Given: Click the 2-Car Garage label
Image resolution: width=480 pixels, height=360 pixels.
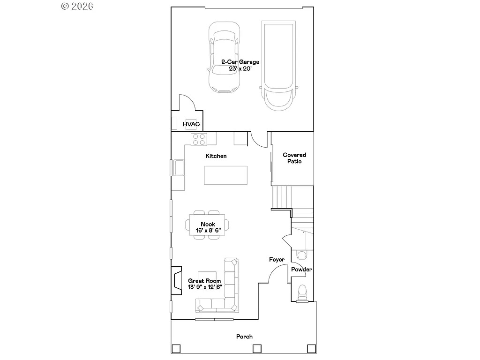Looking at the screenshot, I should pyautogui.click(x=240, y=62).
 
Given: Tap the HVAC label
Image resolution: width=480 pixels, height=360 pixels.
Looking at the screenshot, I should pyautogui.click(x=191, y=124).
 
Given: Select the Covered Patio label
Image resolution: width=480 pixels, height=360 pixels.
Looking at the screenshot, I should pyautogui.click(x=294, y=158).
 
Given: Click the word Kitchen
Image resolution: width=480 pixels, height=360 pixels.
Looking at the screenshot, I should pyautogui.click(x=216, y=156).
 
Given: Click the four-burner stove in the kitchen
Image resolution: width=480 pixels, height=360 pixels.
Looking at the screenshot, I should pyautogui.click(x=199, y=139).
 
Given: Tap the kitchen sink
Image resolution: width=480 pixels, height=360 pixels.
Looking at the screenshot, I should pyautogui.click(x=179, y=167).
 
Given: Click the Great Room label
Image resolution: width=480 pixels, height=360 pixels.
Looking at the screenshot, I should pyautogui.click(x=204, y=281).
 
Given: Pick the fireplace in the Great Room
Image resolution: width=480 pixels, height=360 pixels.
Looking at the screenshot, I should pyautogui.click(x=176, y=280).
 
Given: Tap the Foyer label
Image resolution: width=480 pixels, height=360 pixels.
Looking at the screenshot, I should pyautogui.click(x=277, y=259).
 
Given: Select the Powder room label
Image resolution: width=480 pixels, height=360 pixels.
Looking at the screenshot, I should pyautogui.click(x=301, y=270).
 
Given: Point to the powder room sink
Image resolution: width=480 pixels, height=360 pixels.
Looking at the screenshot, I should pyautogui.click(x=301, y=255).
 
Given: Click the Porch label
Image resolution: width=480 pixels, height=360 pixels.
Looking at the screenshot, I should pyautogui.click(x=244, y=337).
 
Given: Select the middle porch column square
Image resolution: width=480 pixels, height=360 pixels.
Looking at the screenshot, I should pyautogui.click(x=256, y=349).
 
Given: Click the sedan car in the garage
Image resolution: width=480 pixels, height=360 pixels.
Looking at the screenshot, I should pyautogui.click(x=224, y=58).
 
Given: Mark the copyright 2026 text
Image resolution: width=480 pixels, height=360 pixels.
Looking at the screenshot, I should pyautogui.click(x=77, y=6).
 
